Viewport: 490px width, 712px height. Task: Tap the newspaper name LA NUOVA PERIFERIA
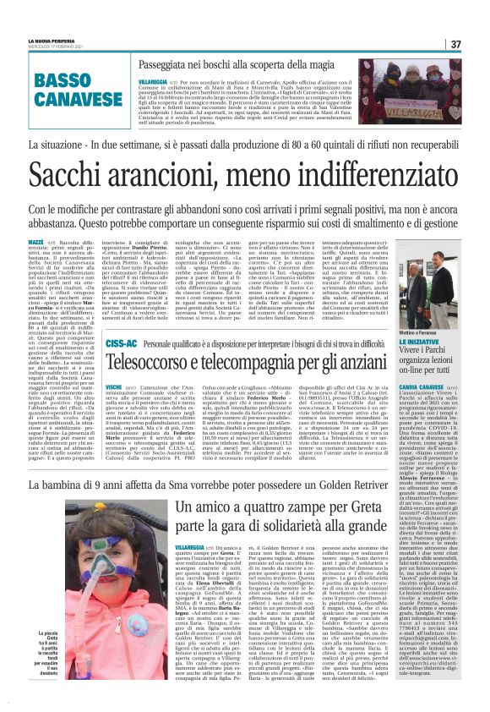click(x=53, y=41)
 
